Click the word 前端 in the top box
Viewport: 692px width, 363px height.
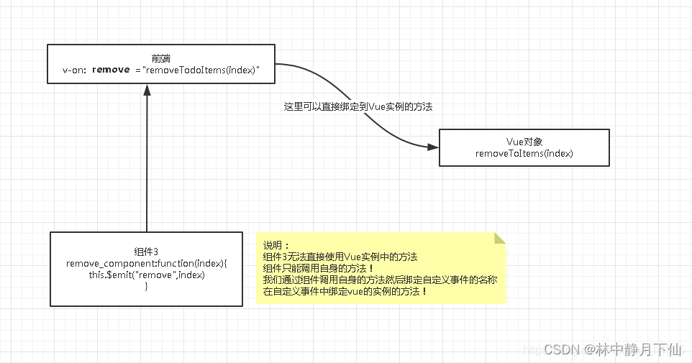pyautogui.click(x=160, y=58)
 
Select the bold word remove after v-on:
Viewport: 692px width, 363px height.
pyautogui.click(x=111, y=70)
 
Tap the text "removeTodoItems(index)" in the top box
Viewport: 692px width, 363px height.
pyautogui.click(x=201, y=70)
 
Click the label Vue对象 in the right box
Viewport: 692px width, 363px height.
pyautogui.click(x=524, y=142)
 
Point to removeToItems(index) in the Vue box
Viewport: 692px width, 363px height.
pyautogui.click(x=524, y=154)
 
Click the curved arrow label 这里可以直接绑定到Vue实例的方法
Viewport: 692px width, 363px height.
pyautogui.click(x=358, y=106)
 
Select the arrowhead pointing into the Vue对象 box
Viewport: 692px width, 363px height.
pyautogui.click(x=433, y=147)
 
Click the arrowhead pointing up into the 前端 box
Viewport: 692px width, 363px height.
pyautogui.click(x=147, y=90)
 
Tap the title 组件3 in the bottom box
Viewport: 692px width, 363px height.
pyautogui.click(x=146, y=252)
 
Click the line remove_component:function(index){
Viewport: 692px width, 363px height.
pyautogui.click(x=147, y=263)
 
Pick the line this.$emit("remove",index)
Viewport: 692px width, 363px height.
pyautogui.click(x=147, y=275)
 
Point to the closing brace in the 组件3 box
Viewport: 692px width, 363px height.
pyautogui.click(x=146, y=286)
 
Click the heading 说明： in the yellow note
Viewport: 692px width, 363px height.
pyautogui.click(x=276, y=245)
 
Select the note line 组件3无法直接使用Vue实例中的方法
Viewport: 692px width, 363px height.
pyautogui.click(x=340, y=257)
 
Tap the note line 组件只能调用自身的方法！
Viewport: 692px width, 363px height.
pyautogui.click(x=319, y=268)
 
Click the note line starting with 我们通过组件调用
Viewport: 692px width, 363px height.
pyautogui.click(x=380, y=280)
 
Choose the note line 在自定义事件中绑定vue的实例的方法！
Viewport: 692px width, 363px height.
pyautogui.click(x=345, y=291)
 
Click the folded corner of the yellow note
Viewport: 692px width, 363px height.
pyautogui.click(x=500, y=238)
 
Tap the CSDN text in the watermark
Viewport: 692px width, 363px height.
pyautogui.click(x=561, y=350)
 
